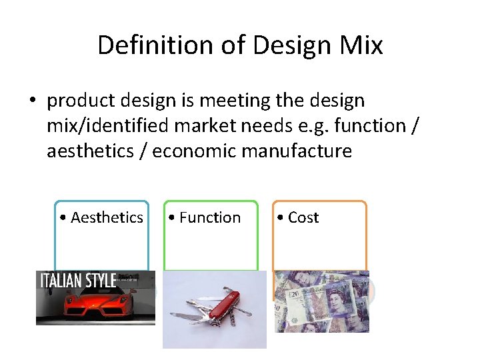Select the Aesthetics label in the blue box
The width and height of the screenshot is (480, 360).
coord(107,217)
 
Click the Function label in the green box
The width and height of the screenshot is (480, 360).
coord(210,217)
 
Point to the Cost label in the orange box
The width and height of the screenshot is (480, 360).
coord(303,217)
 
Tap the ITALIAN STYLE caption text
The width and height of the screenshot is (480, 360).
coord(79,280)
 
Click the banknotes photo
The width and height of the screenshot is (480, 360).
coord(321,301)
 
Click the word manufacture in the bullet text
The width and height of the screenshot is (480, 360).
coord(297,151)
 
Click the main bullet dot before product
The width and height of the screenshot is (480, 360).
coord(32,101)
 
